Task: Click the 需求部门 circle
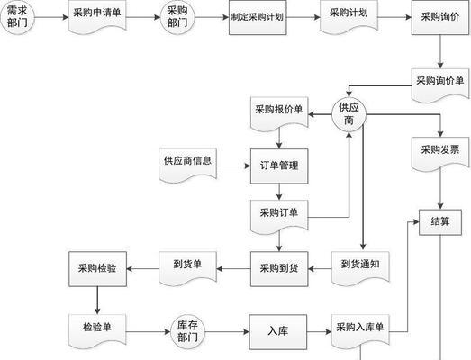point(17,17)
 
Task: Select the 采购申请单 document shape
point(97,16)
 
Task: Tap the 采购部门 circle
point(177,17)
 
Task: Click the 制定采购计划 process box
point(258,17)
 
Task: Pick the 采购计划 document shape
point(349,16)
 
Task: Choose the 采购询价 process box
point(440,17)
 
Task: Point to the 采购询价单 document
point(440,85)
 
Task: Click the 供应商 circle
point(349,114)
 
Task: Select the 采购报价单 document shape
point(279,113)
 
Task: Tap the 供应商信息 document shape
point(187,165)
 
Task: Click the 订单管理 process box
point(279,166)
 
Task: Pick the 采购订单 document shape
point(279,217)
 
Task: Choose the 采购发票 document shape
point(440,154)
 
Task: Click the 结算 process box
point(440,222)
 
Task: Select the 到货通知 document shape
point(360,268)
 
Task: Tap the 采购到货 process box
point(279,269)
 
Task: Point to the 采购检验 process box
point(97,269)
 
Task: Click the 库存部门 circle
point(187,331)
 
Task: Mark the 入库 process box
point(278,332)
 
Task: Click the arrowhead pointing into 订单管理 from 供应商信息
point(248,166)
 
